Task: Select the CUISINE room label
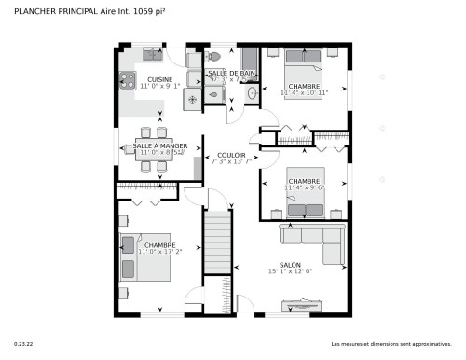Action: tap(159, 80)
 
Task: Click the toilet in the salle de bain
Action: tap(214, 57)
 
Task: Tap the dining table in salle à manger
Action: tap(151, 150)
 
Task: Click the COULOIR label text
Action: tap(231, 155)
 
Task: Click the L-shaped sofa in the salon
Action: tap(322, 239)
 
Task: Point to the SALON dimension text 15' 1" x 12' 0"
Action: tap(290, 271)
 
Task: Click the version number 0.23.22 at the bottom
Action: tap(22, 345)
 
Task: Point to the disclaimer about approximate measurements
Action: tap(391, 345)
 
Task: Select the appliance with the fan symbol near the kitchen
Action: tap(192, 97)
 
